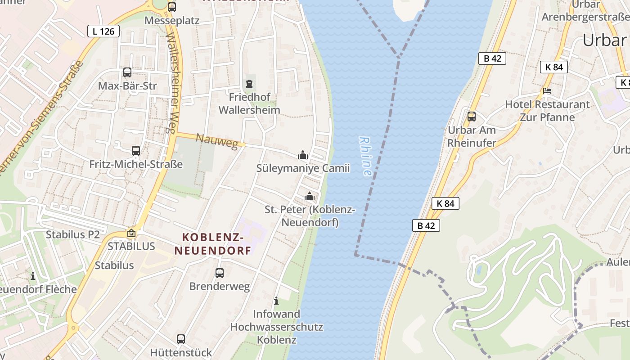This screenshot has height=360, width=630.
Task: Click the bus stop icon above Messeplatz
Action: (171, 7)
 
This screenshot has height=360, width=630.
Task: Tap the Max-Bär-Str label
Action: (127, 85)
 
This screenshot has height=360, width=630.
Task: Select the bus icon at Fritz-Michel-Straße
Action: (136, 151)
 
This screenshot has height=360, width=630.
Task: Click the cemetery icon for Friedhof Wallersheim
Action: (249, 84)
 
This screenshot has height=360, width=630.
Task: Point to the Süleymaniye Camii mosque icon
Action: (303, 155)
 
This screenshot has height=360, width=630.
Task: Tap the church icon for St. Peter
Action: (309, 196)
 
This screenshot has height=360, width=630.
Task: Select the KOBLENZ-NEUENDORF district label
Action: (213, 243)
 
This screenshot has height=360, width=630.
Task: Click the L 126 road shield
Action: (103, 31)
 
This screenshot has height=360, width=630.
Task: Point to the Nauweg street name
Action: (216, 141)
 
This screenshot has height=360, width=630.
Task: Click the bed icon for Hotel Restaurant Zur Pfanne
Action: (547, 90)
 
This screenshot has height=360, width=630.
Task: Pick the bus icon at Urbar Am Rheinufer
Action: (472, 117)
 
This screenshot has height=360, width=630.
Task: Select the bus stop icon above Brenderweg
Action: (220, 273)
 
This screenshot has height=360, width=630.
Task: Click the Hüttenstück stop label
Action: (181, 352)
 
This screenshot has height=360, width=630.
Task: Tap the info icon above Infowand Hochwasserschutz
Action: (276, 301)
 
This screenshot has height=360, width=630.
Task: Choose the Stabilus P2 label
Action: (72, 234)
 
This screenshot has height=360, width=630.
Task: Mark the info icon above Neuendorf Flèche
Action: (32, 276)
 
